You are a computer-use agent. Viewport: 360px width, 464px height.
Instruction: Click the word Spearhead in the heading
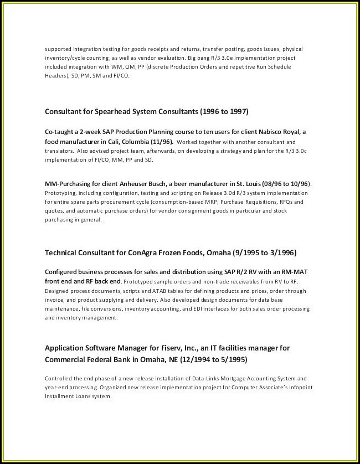[112, 111]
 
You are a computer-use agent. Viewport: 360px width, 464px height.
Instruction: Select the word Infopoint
[290, 388]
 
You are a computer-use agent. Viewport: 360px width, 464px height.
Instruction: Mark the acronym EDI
[212, 308]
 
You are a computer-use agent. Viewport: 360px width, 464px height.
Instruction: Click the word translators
[58, 151]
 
